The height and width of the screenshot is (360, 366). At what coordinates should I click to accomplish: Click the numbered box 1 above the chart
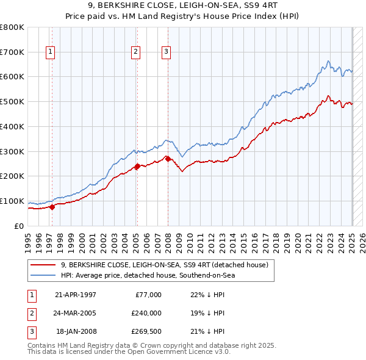[x=50, y=52]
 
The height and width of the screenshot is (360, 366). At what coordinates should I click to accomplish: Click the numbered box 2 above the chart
[x=135, y=52]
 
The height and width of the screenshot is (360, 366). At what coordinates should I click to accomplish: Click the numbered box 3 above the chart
[x=166, y=52]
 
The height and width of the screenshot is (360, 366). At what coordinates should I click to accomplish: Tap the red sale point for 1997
[x=52, y=206]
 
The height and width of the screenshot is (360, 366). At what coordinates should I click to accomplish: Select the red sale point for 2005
[x=137, y=166]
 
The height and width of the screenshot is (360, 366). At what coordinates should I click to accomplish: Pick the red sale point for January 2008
[x=168, y=159]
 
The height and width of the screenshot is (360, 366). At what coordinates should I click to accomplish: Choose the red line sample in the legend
[x=43, y=265]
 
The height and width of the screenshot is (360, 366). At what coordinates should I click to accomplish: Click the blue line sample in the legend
[x=43, y=276]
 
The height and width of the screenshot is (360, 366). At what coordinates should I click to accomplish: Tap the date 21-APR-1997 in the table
[x=75, y=295]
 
